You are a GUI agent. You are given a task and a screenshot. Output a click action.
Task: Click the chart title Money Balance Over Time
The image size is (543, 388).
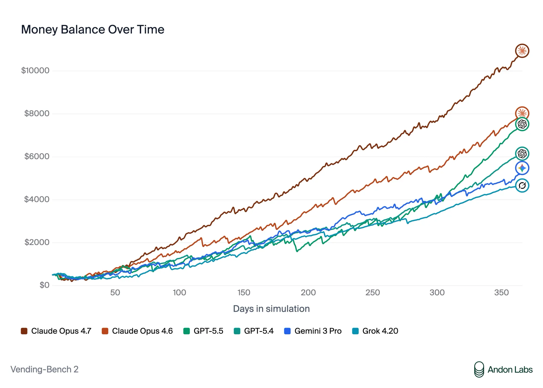pos(93,30)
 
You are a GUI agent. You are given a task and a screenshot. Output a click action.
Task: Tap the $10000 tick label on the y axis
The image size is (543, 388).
pos(35,71)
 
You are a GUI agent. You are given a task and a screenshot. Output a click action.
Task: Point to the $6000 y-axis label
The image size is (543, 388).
pos(37,156)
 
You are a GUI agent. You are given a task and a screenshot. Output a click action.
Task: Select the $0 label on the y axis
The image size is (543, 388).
pos(45,285)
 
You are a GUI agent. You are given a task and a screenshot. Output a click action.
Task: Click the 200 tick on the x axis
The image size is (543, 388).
pos(308,292)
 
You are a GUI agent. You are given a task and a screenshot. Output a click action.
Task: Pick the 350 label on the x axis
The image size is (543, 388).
pos(501,292)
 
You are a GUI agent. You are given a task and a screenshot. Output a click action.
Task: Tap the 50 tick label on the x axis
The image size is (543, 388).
pos(115,292)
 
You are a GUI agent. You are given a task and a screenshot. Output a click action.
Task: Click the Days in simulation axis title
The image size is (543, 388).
pos(271,309)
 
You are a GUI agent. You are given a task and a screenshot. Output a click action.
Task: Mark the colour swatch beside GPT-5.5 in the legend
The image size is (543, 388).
pos(187,331)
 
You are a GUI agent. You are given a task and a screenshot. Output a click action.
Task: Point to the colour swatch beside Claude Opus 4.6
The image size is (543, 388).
pos(105,331)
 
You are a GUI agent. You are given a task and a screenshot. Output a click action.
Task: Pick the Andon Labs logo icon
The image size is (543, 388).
pos(479,369)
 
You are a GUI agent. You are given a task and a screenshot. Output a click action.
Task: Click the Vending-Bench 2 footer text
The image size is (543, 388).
pos(45,369)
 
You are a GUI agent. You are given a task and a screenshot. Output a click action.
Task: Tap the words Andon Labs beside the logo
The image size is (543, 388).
pos(510,370)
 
